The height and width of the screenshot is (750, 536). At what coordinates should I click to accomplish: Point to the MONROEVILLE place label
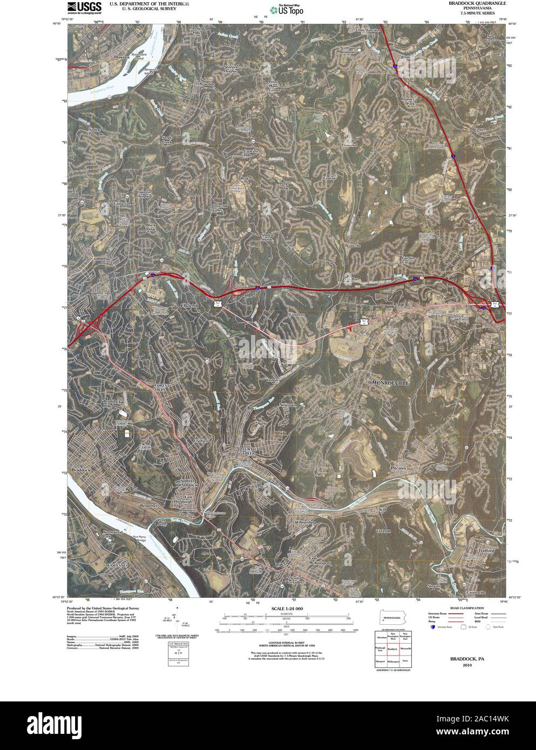click(x=391, y=382)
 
